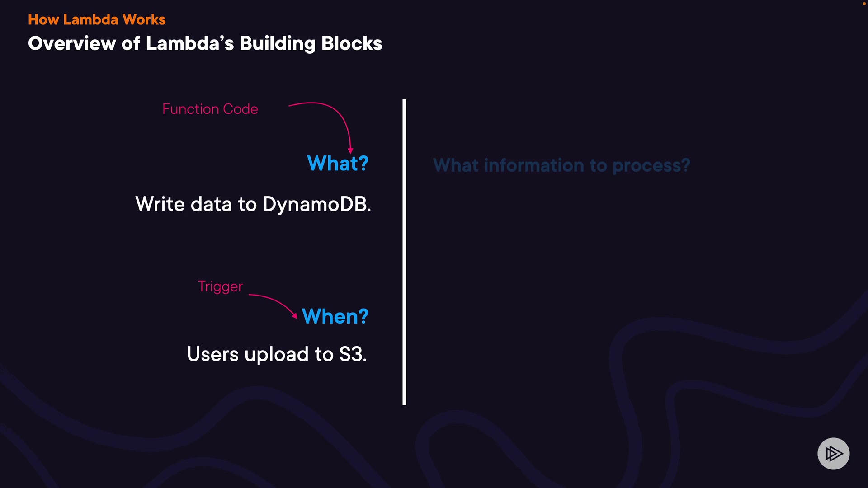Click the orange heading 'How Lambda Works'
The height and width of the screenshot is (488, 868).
(97, 20)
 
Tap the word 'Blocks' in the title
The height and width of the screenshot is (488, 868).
(352, 44)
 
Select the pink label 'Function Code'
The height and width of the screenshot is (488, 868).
(210, 109)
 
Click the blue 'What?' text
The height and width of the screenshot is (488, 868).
(338, 164)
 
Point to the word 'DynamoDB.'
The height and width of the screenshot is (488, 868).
(316, 204)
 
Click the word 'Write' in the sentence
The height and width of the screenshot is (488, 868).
(160, 204)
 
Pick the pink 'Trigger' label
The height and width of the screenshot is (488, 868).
(220, 286)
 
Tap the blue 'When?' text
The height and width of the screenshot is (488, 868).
(335, 316)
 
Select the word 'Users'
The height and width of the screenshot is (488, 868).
(212, 354)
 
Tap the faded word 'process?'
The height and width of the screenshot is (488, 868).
(651, 166)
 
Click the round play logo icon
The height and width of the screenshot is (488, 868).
(833, 453)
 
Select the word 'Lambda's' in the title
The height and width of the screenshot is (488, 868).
(190, 44)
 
